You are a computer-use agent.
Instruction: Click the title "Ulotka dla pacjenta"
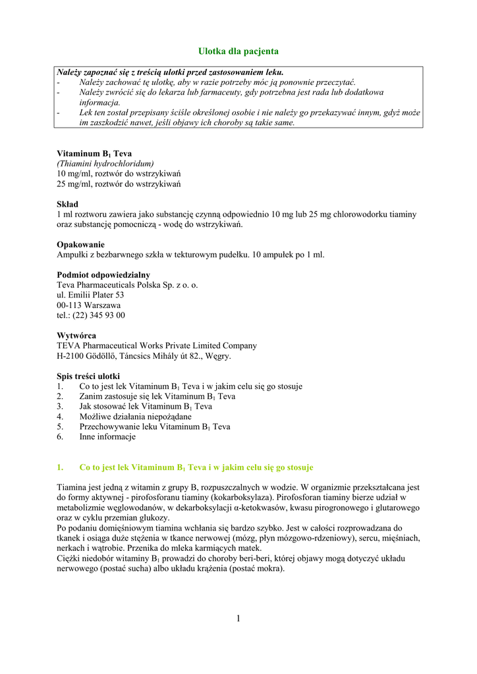pyautogui.click(x=238, y=51)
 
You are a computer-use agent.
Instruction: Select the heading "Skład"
pyautogui.click(x=67, y=205)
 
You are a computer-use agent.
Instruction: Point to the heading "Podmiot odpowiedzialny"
pyautogui.click(x=103, y=275)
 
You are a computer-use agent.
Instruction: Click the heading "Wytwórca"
pyautogui.click(x=76, y=336)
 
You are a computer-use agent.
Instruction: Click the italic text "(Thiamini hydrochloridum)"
pyautogui.click(x=105, y=163)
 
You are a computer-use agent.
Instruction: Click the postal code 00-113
pyautogui.click(x=69, y=305)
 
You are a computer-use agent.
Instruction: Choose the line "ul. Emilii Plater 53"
pyautogui.click(x=90, y=296)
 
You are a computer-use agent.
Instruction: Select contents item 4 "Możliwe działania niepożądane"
pyautogui.click(x=135, y=417)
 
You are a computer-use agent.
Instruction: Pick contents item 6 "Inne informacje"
pyautogui.click(x=107, y=436)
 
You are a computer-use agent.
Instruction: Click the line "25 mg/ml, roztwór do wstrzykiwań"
pyautogui.click(x=119, y=184)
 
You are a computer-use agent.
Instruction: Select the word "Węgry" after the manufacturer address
pyautogui.click(x=217, y=356)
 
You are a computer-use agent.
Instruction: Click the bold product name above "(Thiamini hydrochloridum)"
pyautogui.click(x=94, y=153)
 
